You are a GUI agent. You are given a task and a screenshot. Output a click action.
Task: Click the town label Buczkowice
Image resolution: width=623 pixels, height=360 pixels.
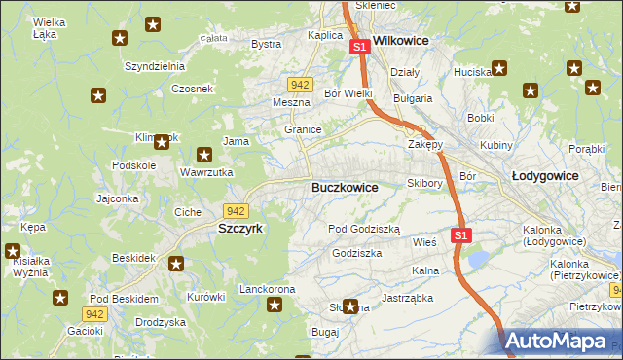pos(345,186)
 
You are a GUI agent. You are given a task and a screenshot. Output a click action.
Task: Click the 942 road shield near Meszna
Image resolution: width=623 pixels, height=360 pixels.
pos(300,85)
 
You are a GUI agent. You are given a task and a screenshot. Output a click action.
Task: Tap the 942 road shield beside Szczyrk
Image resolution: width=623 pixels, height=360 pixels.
pos(235,210)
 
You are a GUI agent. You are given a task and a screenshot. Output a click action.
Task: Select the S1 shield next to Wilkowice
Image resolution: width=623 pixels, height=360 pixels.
pos(359,47)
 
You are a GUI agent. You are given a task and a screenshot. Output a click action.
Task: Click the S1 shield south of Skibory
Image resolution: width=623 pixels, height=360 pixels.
pos(461,235)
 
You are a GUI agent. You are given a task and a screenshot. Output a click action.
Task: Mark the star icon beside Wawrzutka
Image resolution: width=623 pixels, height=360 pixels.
pos(204,154)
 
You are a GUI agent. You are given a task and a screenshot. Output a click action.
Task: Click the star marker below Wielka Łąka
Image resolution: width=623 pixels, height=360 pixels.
pos(120,39)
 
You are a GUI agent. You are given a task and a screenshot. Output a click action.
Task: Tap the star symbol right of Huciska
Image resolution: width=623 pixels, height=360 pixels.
pos(499,69)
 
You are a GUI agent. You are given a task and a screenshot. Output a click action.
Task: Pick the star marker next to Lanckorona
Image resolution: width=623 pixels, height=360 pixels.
pos(275,306)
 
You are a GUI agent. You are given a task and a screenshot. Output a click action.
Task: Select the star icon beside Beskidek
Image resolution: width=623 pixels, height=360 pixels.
pos(176,263)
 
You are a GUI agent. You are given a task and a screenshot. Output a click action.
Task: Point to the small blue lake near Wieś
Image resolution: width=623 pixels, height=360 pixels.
pos(479,259)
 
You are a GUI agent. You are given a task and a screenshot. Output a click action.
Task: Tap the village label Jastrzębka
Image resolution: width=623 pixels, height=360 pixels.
pos(406,298)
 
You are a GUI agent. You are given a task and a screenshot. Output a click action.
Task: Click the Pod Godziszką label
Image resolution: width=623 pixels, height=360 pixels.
pos(364,228)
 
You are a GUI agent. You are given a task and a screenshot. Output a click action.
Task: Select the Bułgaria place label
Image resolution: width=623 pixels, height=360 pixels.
pos(412,98)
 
